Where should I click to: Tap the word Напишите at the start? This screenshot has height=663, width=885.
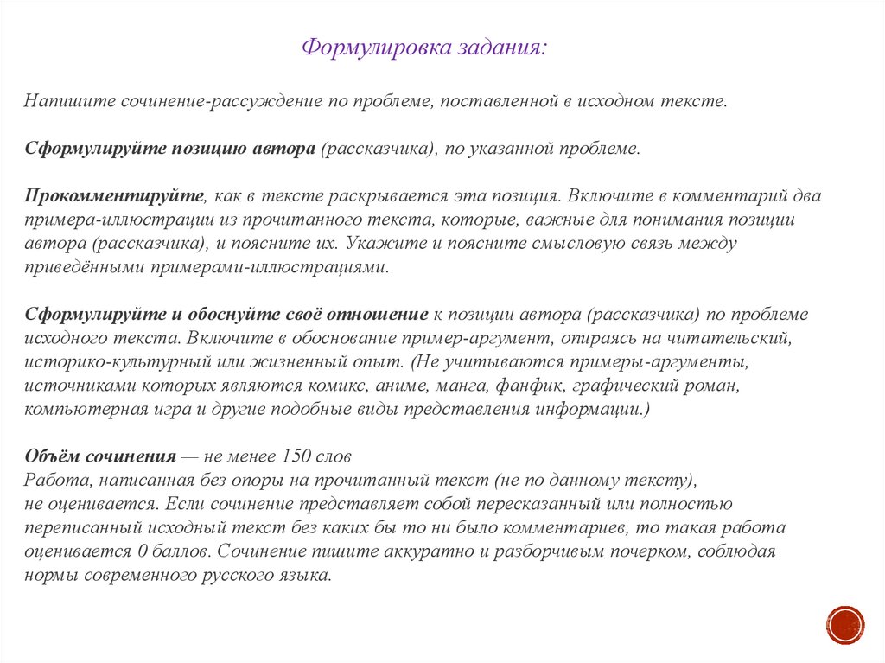[59, 102]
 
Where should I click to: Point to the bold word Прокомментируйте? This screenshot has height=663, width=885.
[114, 196]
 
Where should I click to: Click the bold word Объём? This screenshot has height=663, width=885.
[54, 456]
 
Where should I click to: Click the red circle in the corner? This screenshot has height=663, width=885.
[844, 624]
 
